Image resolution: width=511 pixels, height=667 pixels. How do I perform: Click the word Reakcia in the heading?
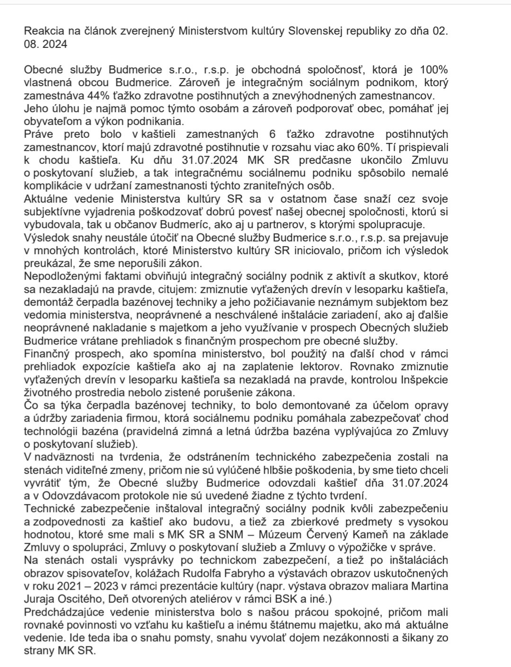coord(41,32)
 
